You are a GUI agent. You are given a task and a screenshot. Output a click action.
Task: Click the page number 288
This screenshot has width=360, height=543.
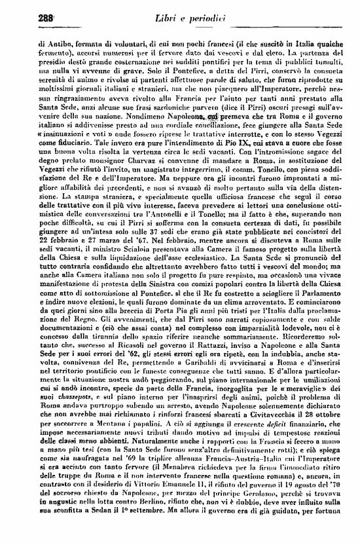[29, 17]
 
